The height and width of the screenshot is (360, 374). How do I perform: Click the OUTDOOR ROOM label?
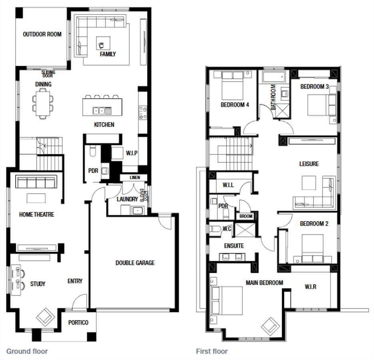42,34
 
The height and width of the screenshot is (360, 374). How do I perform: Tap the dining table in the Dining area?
43,103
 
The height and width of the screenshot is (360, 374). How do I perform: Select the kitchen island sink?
99,111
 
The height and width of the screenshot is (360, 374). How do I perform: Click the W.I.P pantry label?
132,153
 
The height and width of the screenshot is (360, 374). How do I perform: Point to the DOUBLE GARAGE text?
135,263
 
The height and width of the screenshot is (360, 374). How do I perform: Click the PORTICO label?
78,323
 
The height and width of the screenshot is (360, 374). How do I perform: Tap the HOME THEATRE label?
36,215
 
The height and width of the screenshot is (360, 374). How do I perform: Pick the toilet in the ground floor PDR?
93,152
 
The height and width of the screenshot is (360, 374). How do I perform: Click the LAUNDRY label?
127,199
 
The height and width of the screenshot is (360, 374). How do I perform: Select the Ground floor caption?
27,351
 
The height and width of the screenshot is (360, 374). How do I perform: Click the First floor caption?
212,351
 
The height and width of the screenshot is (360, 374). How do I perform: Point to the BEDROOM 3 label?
315,86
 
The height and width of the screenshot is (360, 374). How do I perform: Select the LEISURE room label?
309,164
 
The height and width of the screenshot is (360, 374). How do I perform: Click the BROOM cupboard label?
246,216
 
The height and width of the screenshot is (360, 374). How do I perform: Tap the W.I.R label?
310,287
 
